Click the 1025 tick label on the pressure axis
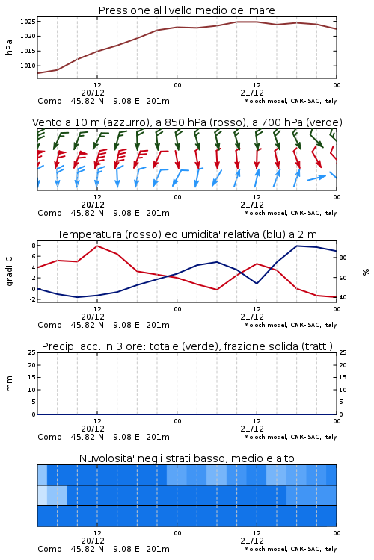click(28, 22)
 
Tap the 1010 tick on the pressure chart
click(28, 66)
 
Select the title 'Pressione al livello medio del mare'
click(187, 10)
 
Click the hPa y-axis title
click(9, 47)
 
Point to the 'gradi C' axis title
click(9, 271)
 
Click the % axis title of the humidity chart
click(366, 272)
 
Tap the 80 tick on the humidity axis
click(343, 258)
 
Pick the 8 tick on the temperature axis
click(34, 246)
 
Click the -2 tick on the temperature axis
click(32, 299)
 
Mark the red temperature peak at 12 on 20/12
click(97, 246)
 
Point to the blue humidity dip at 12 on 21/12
click(257, 284)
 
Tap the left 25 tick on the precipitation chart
click(32, 352)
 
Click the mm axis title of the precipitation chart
click(9, 383)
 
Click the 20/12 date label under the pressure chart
click(93, 93)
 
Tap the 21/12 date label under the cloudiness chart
click(252, 541)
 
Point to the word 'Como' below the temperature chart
click(50, 325)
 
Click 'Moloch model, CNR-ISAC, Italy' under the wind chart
click(290, 213)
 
